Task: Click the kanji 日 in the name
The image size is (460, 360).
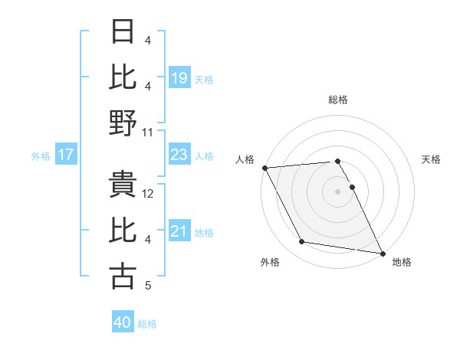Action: (123, 32)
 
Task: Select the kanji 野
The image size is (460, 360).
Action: (123, 123)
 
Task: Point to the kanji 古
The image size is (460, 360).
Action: (123, 277)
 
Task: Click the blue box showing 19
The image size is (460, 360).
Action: (179, 77)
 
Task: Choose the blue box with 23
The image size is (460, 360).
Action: (179, 155)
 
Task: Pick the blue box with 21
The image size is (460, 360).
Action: (179, 231)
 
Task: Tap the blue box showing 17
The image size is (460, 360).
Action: (66, 155)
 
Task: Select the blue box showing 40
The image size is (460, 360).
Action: (123, 322)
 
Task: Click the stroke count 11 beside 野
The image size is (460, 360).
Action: (148, 133)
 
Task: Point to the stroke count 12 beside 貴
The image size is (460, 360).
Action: (148, 194)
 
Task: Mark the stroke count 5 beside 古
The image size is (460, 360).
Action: (148, 286)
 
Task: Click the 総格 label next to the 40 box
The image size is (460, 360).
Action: (147, 324)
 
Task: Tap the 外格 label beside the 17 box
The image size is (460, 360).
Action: (41, 156)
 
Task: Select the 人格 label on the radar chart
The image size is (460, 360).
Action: (245, 159)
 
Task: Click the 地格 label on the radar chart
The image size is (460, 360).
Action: (402, 262)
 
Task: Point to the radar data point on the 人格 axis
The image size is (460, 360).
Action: (264, 168)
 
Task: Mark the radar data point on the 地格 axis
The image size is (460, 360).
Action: (382, 252)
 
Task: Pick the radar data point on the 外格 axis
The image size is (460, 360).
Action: (302, 242)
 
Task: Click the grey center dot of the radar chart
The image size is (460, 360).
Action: (338, 191)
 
